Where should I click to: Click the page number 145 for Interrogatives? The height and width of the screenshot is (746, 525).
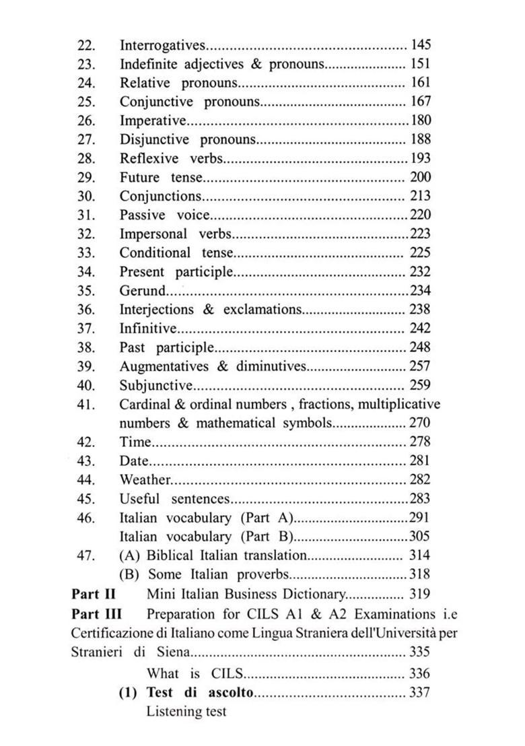point(421,45)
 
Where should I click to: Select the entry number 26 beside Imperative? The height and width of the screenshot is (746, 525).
point(87,121)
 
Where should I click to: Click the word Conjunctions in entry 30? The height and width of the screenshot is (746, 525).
point(160,197)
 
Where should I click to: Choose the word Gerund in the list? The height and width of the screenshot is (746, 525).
point(141,291)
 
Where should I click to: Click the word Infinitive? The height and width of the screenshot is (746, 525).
point(148,329)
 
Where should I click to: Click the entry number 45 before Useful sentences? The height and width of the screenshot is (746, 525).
point(87,499)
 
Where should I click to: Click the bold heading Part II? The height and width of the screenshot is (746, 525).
point(94,594)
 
